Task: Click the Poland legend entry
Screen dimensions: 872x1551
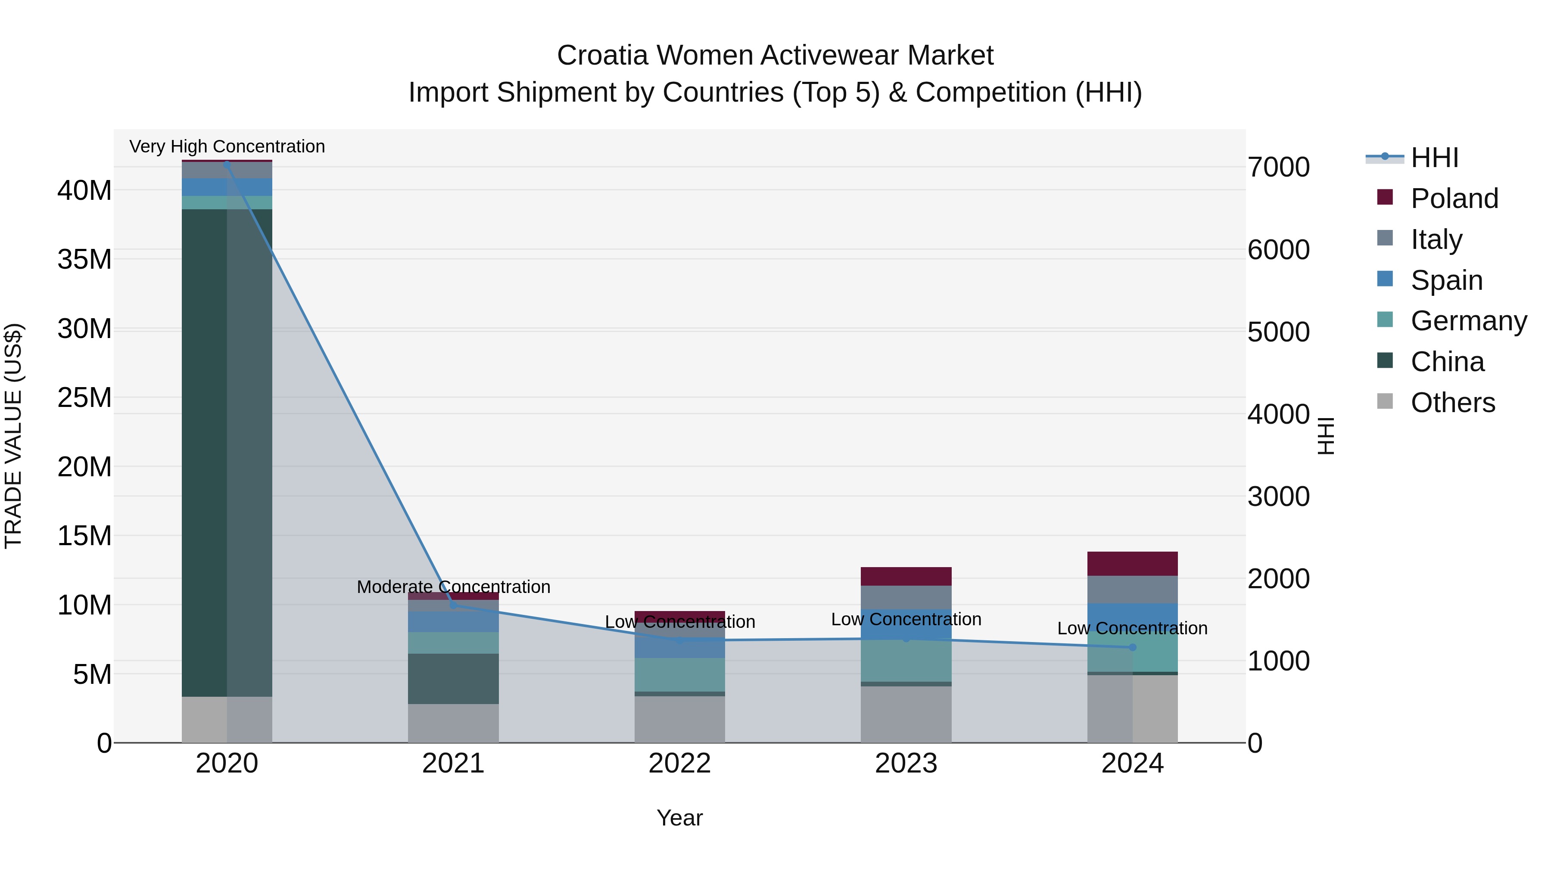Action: [x=1454, y=199]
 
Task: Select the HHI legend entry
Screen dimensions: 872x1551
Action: [x=1434, y=158]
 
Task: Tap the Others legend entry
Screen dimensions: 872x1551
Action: [x=1452, y=403]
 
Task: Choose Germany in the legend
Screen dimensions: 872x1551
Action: [x=1468, y=321]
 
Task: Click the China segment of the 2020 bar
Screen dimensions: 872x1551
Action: [x=205, y=451]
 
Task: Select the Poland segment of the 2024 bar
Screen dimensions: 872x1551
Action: [x=1132, y=563]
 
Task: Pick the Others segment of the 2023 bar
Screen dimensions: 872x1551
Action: [x=906, y=714]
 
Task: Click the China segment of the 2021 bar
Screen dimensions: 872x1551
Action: [x=453, y=679]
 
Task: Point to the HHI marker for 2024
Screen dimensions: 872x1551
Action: [x=1132, y=648]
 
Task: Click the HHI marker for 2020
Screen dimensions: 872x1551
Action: [x=227, y=164]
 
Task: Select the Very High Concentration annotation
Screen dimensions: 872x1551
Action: [x=227, y=146]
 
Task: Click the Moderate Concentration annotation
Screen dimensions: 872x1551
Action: [x=453, y=587]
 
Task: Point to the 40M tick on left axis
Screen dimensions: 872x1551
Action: [x=84, y=191]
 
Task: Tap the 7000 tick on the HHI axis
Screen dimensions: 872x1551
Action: [x=1278, y=168]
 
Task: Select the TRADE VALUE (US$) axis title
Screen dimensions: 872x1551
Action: [x=13, y=436]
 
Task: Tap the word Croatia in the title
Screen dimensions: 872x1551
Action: [x=602, y=56]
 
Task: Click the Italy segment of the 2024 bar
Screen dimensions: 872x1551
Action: [x=1132, y=590]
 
